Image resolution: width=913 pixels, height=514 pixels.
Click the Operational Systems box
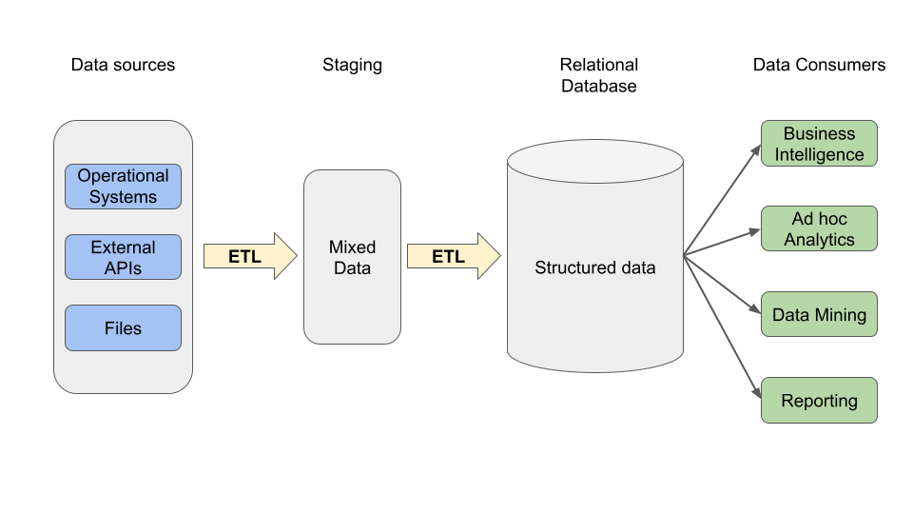pyautogui.click(x=123, y=187)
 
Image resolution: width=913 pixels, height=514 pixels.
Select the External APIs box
pyautogui.click(x=123, y=257)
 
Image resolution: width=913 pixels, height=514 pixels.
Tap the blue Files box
pyautogui.click(x=123, y=328)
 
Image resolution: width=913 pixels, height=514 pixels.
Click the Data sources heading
pyautogui.click(x=123, y=65)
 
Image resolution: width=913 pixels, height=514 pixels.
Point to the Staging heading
pyautogui.click(x=352, y=65)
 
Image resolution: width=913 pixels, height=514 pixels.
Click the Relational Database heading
pyautogui.click(x=598, y=75)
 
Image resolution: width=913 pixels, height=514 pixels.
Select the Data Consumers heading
pyautogui.click(x=819, y=65)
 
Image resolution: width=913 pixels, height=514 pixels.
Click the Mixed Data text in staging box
pyautogui.click(x=352, y=257)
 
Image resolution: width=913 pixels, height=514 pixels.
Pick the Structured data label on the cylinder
pyautogui.click(x=594, y=267)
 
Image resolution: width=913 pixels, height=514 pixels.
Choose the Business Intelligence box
pyautogui.click(x=819, y=144)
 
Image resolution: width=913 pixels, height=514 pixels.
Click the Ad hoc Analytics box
pyautogui.click(x=819, y=229)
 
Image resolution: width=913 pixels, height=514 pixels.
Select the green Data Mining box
pyautogui.click(x=819, y=315)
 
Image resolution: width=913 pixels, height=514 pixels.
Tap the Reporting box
pyautogui.click(x=819, y=401)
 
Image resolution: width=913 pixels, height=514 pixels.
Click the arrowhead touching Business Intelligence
pyautogui.click(x=756, y=148)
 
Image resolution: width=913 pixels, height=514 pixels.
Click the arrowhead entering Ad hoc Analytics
pyautogui.click(x=756, y=230)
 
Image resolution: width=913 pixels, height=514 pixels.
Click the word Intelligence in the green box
pyautogui.click(x=819, y=154)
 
